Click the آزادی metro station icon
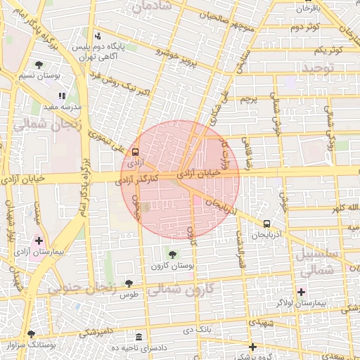click(x=135, y=151)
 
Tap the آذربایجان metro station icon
click(x=266, y=224)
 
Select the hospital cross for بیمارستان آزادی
click(x=39, y=240)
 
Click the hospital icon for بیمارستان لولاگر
click(x=302, y=292)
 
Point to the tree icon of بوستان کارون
click(x=172, y=254)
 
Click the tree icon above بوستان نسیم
click(x=39, y=65)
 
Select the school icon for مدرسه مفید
click(x=62, y=96)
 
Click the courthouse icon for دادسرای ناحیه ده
click(x=139, y=337)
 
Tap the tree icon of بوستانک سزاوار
click(x=30, y=335)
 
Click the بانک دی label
click(x=197, y=329)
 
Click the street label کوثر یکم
click(x=328, y=50)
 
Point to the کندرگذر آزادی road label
click(x=156, y=179)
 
